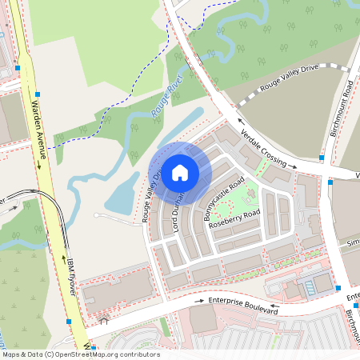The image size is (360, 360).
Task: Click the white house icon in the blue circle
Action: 180,172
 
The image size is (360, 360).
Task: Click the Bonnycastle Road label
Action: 222,199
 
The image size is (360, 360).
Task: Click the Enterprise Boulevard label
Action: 243,305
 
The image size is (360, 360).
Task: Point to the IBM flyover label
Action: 70,277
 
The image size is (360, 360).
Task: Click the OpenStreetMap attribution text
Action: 80,354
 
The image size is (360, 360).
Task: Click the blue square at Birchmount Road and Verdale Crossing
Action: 330,182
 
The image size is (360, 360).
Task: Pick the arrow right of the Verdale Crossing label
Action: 294,166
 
